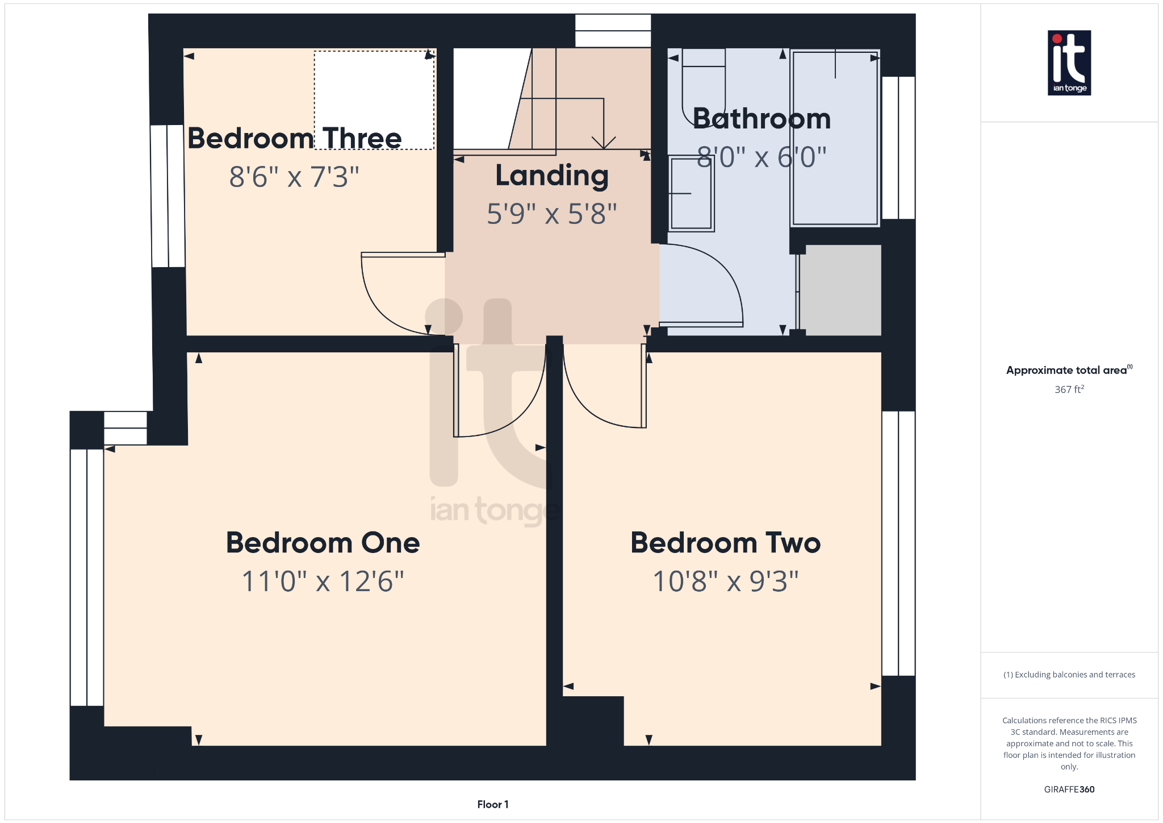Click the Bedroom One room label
point(323,542)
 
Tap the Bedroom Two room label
point(725,542)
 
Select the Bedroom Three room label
point(294,138)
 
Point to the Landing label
point(551,176)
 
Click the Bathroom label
point(762,118)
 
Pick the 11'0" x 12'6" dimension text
point(323,581)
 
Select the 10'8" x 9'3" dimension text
point(725,581)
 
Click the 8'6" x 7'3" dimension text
point(294,177)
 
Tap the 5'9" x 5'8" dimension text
point(551,214)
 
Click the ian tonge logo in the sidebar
point(1069,63)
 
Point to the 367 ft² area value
point(1069,389)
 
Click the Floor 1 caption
point(492,804)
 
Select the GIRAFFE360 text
point(1069,789)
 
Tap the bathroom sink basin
point(691,193)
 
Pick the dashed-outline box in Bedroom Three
point(374,100)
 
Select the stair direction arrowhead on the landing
point(603,143)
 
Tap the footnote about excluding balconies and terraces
point(1069,675)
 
